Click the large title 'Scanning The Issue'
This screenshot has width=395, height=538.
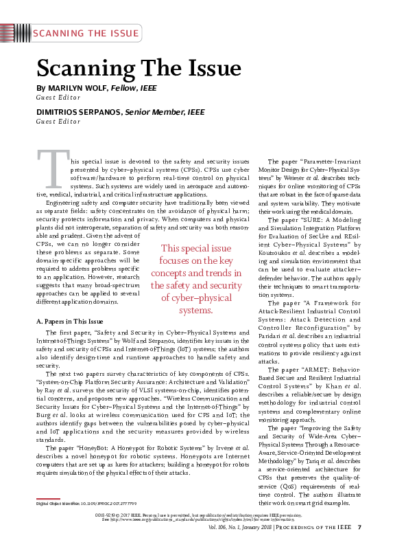(x=139, y=67)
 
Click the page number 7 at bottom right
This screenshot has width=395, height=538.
(x=359, y=527)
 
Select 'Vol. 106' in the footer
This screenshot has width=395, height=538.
(x=223, y=527)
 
